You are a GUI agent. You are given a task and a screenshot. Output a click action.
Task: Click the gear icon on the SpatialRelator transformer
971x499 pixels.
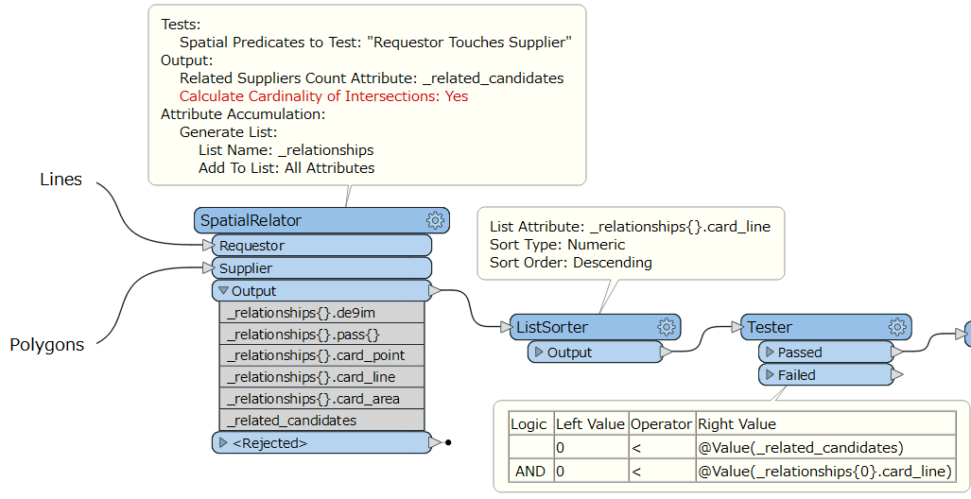435,220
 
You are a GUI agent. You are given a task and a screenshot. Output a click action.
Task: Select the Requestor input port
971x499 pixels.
321,245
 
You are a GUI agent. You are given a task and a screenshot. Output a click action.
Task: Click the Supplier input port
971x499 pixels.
321,268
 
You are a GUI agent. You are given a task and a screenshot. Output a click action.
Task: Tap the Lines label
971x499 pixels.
61,179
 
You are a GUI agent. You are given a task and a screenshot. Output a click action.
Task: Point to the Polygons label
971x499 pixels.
47,345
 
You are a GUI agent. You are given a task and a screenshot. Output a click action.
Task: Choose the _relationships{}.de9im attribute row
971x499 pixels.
321,313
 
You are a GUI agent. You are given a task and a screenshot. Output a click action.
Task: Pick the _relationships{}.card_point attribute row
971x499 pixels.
321,355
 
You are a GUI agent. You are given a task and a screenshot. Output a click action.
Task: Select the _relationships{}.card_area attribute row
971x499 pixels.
321,399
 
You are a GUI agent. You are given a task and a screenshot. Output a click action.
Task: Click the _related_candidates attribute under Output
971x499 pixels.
321,421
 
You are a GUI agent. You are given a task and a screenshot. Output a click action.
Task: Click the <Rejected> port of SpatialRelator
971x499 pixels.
321,442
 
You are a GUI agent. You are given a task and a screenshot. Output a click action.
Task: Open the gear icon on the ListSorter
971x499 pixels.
667,327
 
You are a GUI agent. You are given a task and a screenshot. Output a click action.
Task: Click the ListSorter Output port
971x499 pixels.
595,353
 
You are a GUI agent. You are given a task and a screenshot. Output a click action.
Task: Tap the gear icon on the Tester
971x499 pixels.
897,327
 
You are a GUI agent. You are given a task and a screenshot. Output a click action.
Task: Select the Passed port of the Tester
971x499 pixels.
826,353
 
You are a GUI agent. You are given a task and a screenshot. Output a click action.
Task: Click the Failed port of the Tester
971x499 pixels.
826,374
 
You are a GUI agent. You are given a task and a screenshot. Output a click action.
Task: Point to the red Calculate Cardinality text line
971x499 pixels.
324,96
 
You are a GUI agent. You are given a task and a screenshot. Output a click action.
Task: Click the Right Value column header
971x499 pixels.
737,424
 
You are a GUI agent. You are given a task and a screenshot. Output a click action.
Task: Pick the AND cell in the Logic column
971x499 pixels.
530,472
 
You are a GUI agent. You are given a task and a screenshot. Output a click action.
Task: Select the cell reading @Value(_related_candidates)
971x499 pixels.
801,448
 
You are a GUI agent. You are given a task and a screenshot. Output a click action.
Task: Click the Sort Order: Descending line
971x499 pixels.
571,263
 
